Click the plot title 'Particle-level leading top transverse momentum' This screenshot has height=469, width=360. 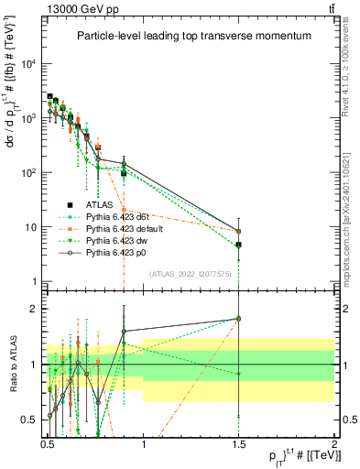pyautogui.click(x=192, y=36)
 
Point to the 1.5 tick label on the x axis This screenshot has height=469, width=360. pyautogui.click(x=239, y=442)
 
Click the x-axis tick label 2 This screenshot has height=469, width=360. pyautogui.click(x=334, y=442)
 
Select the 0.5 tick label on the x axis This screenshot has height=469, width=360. pyautogui.click(x=48, y=442)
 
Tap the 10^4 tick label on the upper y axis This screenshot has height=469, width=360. pyautogui.click(x=28, y=64)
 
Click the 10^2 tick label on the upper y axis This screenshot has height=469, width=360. pyautogui.click(x=28, y=173)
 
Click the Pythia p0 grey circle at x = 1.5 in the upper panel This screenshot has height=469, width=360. pyautogui.click(x=239, y=232)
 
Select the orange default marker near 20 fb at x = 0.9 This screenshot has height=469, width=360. pyautogui.click(x=124, y=210)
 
